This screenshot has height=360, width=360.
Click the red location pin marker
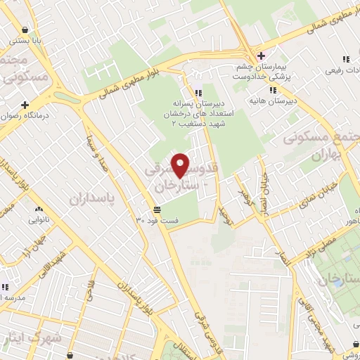click(x=181, y=165)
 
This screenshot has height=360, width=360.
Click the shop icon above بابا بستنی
click(x=26, y=30)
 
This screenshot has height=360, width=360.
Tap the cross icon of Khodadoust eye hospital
click(x=261, y=56)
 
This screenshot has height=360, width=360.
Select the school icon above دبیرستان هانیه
click(x=273, y=90)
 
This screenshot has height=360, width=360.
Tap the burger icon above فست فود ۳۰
click(x=156, y=210)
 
